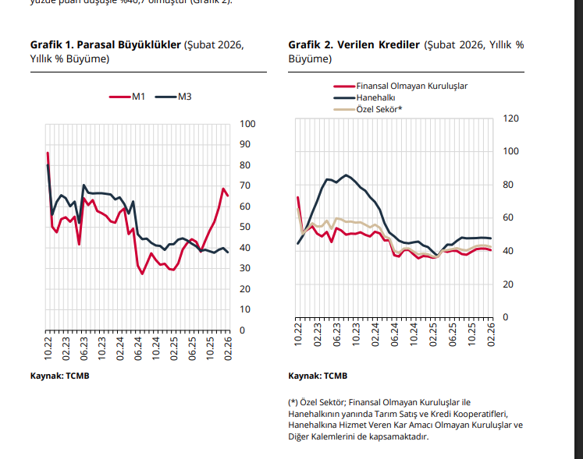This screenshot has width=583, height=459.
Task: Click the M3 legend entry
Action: (184, 97)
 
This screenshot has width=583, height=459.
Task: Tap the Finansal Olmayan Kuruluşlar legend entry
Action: (411, 86)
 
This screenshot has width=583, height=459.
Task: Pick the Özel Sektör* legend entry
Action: (379, 109)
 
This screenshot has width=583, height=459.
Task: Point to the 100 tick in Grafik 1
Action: (247, 124)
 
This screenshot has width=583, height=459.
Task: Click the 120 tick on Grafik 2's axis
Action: (510, 118)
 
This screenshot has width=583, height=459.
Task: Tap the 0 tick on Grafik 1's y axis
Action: (243, 330)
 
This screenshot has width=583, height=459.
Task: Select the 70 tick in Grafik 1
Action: (245, 186)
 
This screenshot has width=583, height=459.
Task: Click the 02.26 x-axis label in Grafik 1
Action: (229, 348)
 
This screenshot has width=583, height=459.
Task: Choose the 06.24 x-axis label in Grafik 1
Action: (138, 348)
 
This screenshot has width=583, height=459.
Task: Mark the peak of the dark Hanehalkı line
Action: (346, 175)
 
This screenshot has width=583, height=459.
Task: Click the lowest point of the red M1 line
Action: (142, 274)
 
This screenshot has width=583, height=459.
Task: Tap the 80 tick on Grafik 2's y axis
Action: (508, 185)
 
